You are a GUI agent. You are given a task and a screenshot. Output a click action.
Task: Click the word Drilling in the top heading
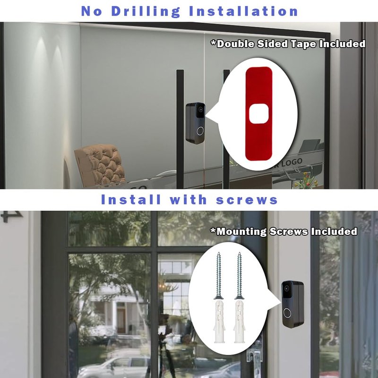point(146,11)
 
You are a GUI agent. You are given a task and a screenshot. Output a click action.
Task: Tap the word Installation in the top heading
point(244,11)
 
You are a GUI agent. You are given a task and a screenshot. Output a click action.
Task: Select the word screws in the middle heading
point(247,200)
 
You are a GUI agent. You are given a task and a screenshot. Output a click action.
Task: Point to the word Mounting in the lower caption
point(242,231)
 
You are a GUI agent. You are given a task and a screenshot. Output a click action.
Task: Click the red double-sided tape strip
point(258,113)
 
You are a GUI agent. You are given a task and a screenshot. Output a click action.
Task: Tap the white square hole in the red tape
point(258,114)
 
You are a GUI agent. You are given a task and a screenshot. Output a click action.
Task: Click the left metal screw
point(219,275)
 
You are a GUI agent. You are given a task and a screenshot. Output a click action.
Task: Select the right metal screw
point(239,275)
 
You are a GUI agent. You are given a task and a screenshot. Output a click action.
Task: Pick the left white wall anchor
point(219,321)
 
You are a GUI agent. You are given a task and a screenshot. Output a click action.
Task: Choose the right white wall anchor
point(240,321)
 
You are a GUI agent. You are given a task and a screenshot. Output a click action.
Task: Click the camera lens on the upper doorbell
point(200,109)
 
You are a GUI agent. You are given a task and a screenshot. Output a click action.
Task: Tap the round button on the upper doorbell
point(200,131)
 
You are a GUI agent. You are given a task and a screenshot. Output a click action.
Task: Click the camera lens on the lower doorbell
point(286,288)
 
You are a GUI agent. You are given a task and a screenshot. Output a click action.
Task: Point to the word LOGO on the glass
point(292,163)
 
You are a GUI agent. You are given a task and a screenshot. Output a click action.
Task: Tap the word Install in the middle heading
point(131,199)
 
